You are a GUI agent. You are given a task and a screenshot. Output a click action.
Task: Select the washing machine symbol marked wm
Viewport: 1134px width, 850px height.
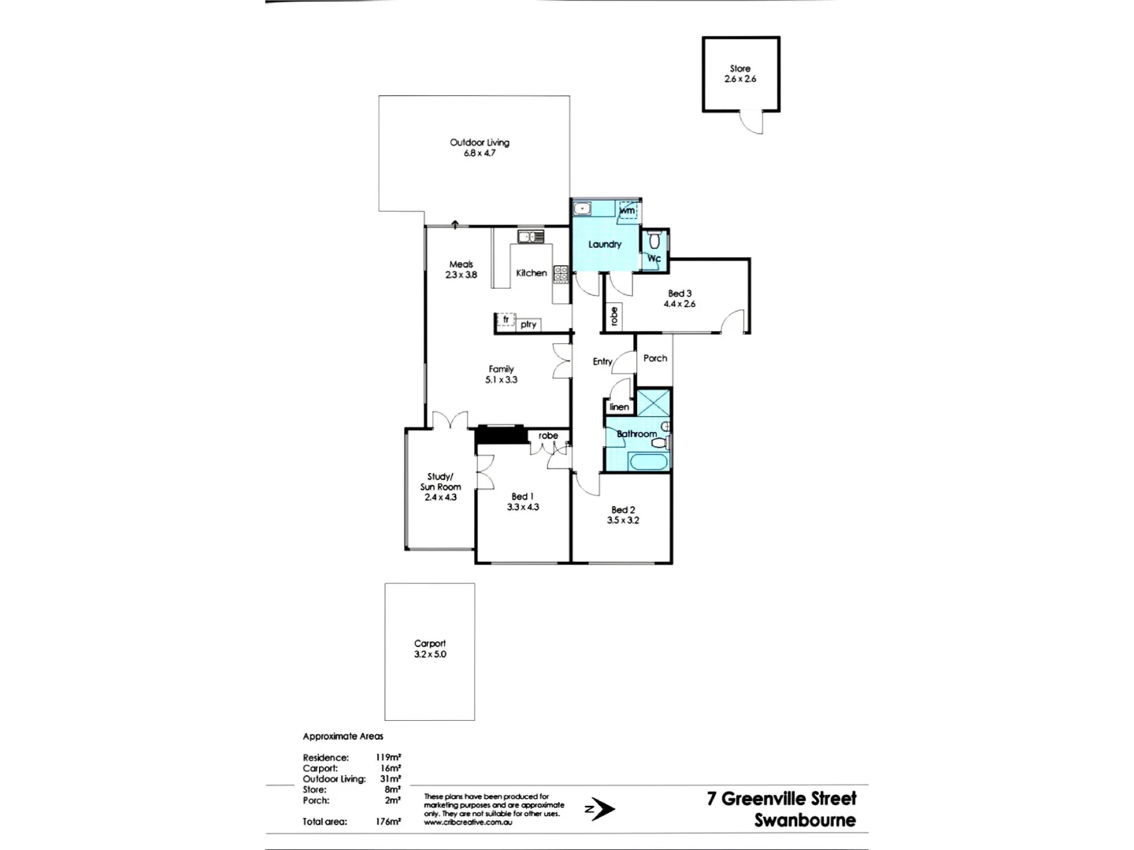pos(627,211)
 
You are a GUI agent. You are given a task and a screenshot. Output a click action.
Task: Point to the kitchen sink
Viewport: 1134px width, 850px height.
pos(530,236)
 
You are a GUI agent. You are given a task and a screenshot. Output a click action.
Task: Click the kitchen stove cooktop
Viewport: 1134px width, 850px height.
pos(561,274)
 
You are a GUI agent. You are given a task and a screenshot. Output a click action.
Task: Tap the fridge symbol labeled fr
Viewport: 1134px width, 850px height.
pos(506,320)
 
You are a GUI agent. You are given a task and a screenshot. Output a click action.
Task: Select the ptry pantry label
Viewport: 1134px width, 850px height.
pos(528,324)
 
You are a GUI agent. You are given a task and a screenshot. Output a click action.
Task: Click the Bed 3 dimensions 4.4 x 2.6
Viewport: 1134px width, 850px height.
pos(680,304)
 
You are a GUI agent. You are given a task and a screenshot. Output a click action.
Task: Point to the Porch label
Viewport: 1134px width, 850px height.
pos(655,358)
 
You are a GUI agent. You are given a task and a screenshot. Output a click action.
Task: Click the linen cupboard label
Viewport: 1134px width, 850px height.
pos(620,407)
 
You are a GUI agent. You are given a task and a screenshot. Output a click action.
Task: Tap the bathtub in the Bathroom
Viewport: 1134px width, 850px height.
pos(649,461)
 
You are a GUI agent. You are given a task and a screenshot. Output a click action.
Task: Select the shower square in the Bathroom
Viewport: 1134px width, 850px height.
pos(653,402)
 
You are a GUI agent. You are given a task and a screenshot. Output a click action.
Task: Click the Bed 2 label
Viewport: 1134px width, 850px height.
pos(623,510)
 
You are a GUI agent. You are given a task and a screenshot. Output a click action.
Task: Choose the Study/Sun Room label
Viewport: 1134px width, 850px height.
pos(440,482)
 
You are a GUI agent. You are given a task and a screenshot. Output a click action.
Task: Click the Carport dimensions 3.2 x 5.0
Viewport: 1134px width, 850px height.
pos(430,654)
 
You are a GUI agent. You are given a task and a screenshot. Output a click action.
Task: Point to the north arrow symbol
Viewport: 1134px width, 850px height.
pos(600,808)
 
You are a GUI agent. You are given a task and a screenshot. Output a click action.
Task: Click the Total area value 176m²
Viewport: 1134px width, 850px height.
pos(388,822)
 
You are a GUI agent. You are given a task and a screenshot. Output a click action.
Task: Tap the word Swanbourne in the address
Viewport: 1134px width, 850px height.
pos(805,820)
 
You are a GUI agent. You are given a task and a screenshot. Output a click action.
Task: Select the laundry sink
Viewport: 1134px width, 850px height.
pos(583,209)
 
